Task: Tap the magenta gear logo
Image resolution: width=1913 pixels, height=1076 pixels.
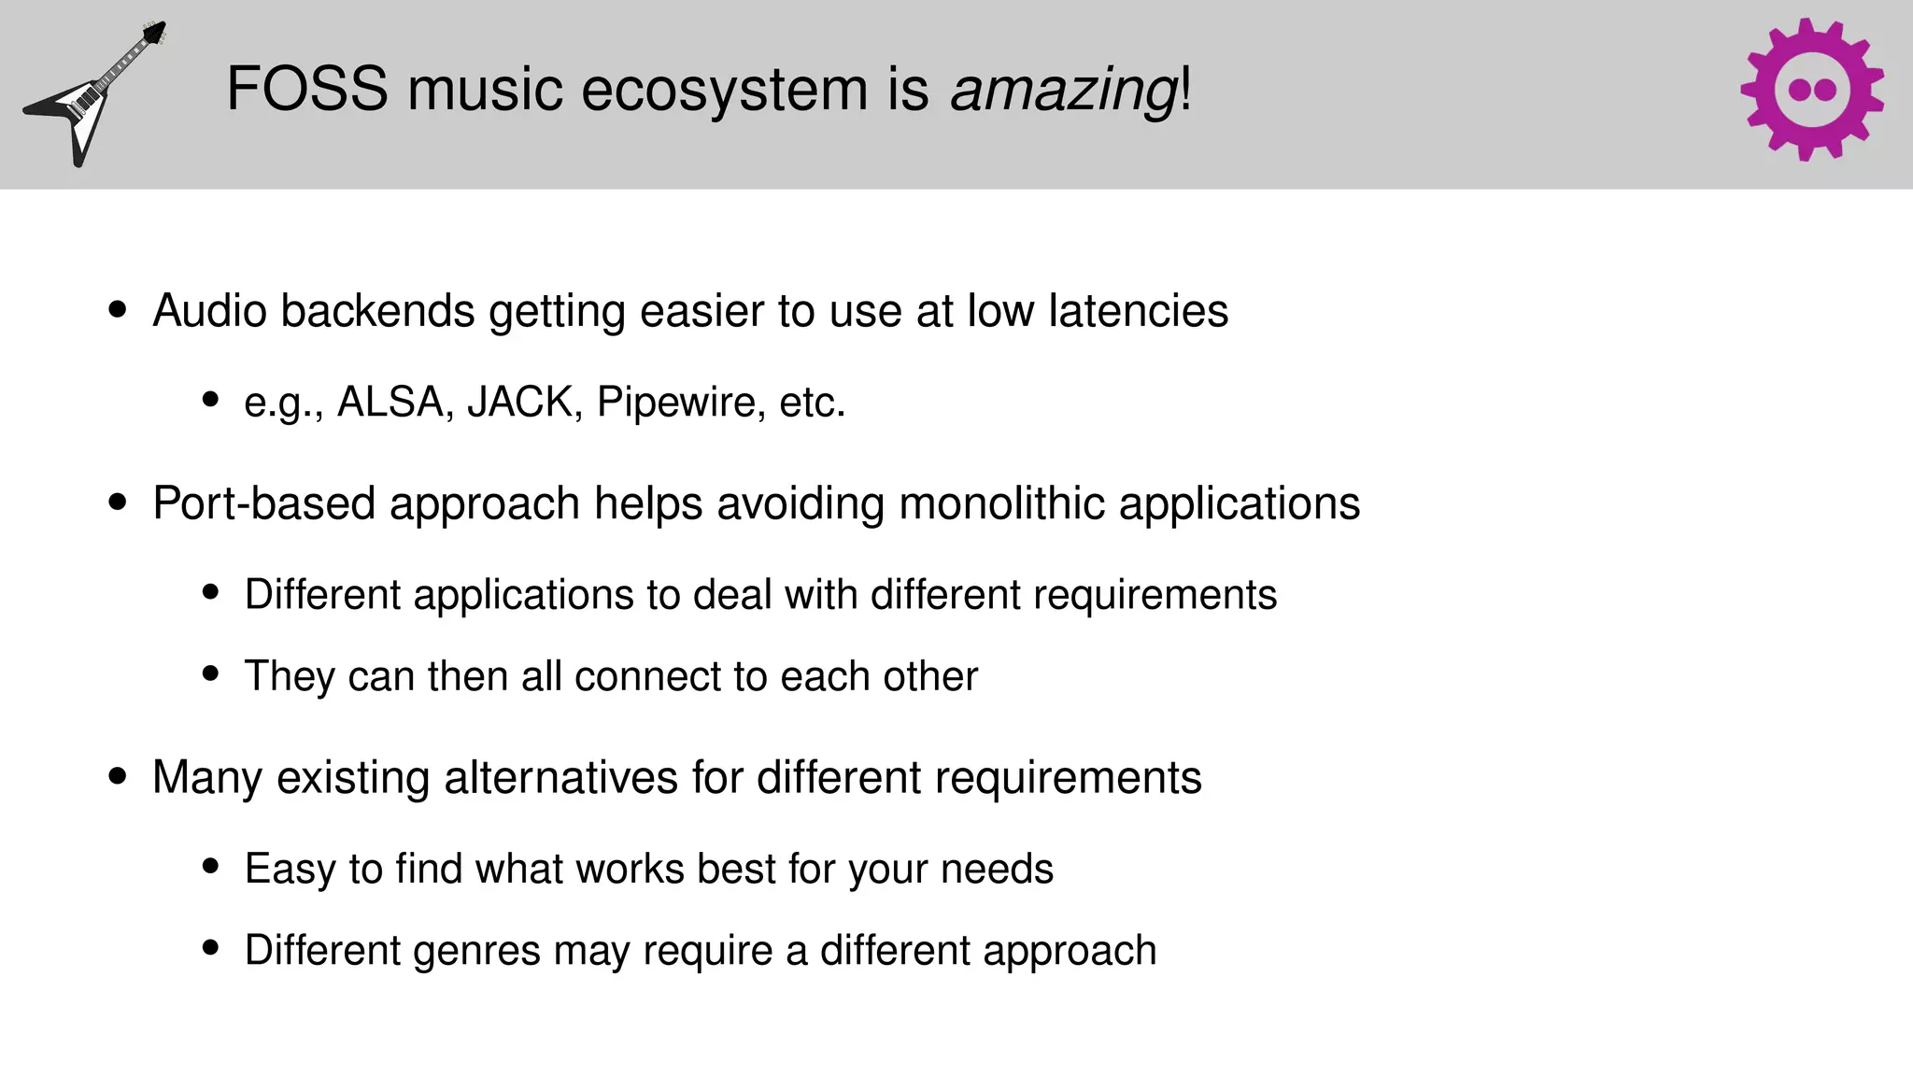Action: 1811,90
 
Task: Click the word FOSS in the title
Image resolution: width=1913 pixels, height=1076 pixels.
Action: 306,90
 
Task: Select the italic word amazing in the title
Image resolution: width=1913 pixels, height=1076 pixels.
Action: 1063,92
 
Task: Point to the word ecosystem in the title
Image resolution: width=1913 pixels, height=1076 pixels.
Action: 727,92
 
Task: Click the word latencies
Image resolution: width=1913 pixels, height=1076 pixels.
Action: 1138,311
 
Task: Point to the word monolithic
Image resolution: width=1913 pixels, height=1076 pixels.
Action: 1001,503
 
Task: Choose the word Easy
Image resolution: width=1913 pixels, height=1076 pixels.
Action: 290,870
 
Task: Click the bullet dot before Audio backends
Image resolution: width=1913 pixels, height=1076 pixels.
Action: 117,310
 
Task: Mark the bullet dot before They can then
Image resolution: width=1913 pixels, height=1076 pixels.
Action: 210,673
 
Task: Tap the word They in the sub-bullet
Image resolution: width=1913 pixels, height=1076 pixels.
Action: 290,676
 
